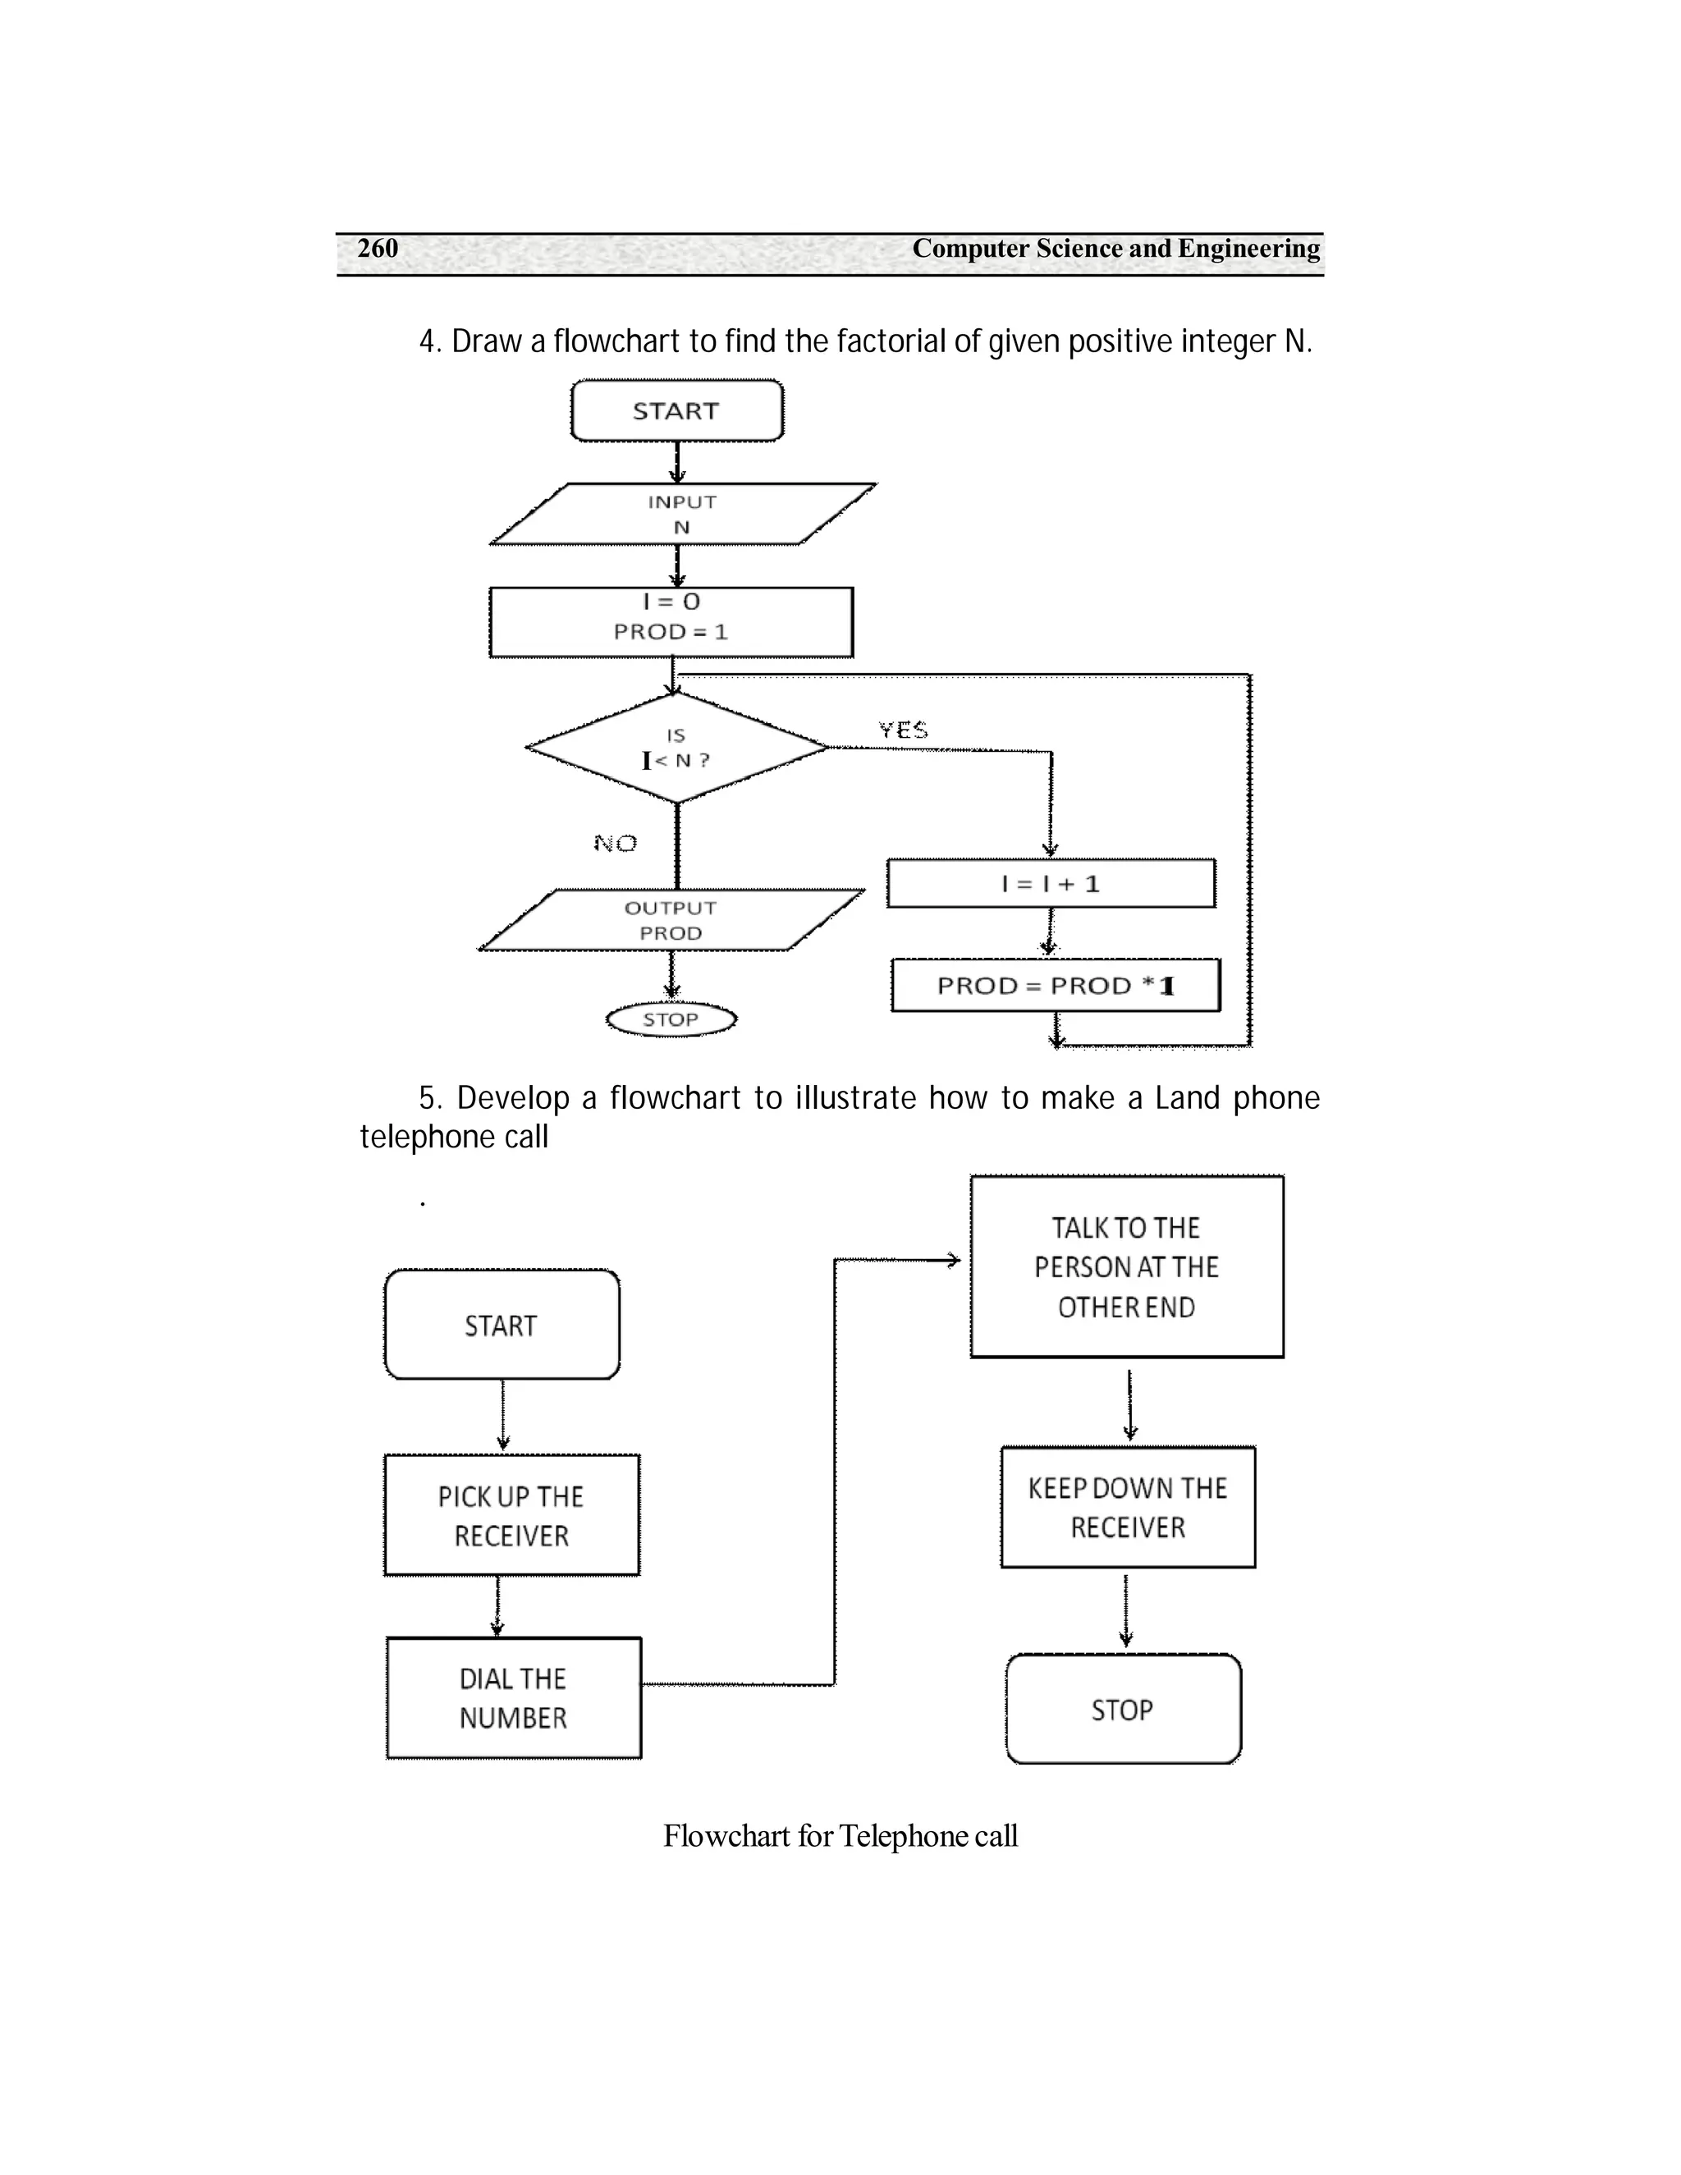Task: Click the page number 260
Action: [378, 248]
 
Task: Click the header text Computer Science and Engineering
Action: [1115, 248]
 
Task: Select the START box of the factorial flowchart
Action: [676, 410]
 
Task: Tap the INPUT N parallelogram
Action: [682, 515]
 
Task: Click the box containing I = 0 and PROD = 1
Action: [671, 621]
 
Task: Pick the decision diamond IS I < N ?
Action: [676, 748]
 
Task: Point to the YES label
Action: [903, 730]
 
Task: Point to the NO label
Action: [616, 844]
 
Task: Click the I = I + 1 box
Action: [1051, 883]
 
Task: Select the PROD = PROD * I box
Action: [1055, 986]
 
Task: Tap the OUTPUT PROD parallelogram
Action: [671, 920]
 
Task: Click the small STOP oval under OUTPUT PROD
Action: [671, 1019]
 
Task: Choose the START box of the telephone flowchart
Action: [501, 1326]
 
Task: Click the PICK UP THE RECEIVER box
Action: [511, 1516]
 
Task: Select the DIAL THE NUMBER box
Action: [513, 1698]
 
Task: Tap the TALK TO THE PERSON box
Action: [1126, 1266]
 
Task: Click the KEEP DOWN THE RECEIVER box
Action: [1127, 1508]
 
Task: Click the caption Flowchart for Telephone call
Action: [840, 1836]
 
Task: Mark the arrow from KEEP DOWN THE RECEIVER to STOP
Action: [1126, 1610]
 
